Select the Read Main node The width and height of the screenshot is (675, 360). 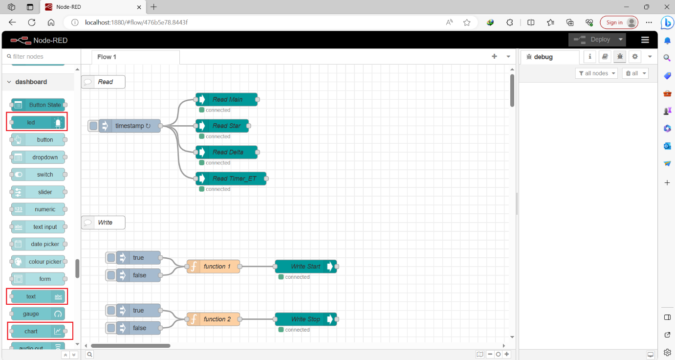(227, 99)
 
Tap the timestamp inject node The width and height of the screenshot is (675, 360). (130, 126)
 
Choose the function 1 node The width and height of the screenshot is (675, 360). (214, 267)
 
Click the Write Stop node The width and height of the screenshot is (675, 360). (305, 319)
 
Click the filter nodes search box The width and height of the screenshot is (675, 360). (39, 57)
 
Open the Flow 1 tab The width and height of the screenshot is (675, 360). (107, 57)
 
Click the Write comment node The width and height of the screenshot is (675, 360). (103, 223)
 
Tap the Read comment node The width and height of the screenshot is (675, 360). (103, 82)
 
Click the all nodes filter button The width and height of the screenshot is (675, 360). (596, 73)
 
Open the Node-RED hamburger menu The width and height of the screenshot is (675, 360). (645, 40)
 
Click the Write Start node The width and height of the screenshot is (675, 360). (305, 267)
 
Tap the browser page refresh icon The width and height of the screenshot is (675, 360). (32, 22)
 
